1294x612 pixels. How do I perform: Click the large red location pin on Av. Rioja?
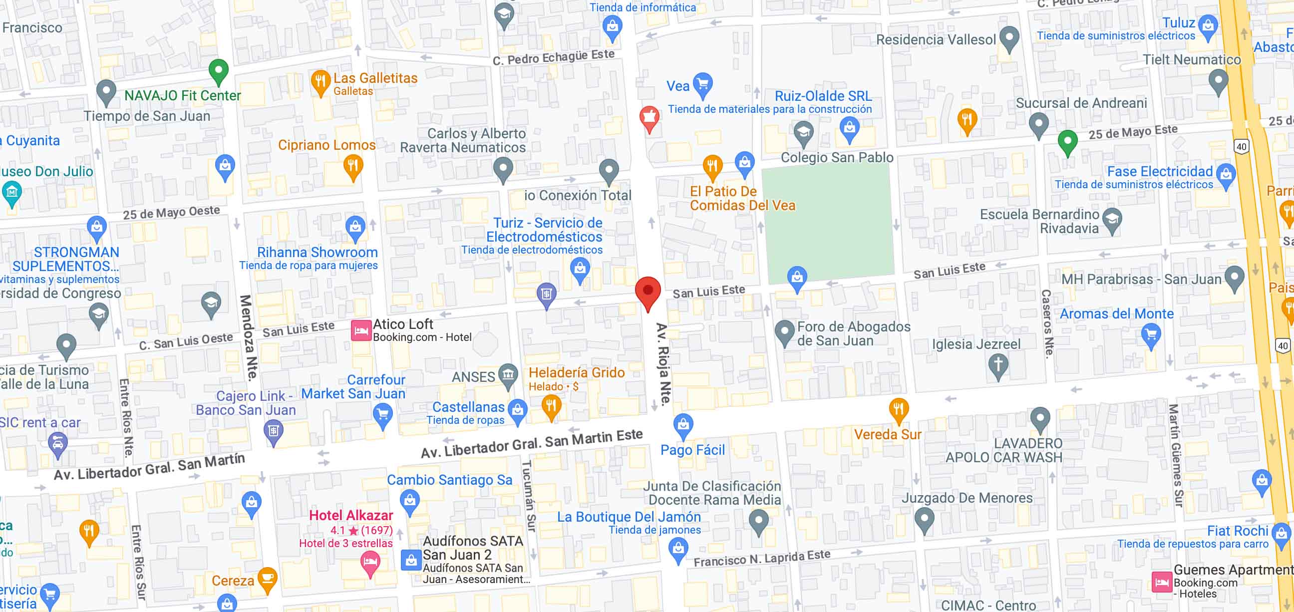[x=647, y=292]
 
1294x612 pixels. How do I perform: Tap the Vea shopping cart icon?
[x=703, y=84]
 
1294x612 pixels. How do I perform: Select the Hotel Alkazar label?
[x=350, y=515]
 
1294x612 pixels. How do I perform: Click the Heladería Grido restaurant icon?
[x=551, y=406]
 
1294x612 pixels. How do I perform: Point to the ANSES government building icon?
[x=508, y=375]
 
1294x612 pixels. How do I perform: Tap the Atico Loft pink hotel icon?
[x=360, y=330]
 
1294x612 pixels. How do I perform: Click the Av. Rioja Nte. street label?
[x=662, y=364]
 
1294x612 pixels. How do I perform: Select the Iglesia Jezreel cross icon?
[x=998, y=365]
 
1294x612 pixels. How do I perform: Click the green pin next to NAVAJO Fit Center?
[x=219, y=71]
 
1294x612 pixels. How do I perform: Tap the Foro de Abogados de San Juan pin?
[x=784, y=332]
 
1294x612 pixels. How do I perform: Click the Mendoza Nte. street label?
[x=248, y=337]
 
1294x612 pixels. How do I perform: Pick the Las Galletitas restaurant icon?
[x=320, y=82]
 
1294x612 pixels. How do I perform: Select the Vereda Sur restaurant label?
[x=888, y=434]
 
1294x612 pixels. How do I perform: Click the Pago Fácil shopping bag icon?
[x=683, y=425]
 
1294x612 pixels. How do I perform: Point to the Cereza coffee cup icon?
[x=267, y=579]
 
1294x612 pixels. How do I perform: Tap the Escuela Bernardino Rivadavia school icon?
[x=1113, y=219]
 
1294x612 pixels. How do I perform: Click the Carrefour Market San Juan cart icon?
[x=383, y=415]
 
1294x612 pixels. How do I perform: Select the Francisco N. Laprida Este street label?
[x=761, y=557]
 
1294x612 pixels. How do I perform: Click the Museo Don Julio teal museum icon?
[x=11, y=192]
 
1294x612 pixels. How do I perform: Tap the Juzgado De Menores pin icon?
[x=924, y=519]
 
